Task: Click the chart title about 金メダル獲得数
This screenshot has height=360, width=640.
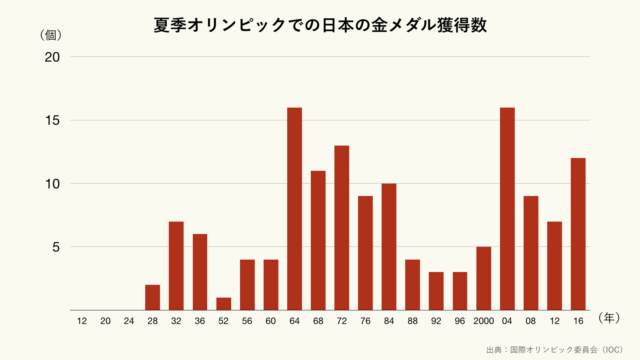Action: (320, 25)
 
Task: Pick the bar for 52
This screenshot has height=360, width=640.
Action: (224, 304)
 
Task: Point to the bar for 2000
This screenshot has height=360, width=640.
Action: (484, 278)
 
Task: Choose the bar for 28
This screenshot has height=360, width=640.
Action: (153, 297)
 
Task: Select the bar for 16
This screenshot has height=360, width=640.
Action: (578, 234)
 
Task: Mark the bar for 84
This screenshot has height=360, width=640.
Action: (389, 247)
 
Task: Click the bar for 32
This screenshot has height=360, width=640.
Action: (176, 266)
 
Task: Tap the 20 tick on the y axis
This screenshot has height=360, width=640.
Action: (52, 58)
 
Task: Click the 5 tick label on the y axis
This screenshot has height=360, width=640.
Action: (57, 247)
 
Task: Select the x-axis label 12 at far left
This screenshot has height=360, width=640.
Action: (81, 322)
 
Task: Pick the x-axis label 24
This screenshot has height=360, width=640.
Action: (129, 322)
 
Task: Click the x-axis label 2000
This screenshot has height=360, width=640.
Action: (484, 322)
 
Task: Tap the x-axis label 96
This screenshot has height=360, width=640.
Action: (460, 322)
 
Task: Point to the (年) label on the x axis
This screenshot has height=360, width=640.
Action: (609, 318)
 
